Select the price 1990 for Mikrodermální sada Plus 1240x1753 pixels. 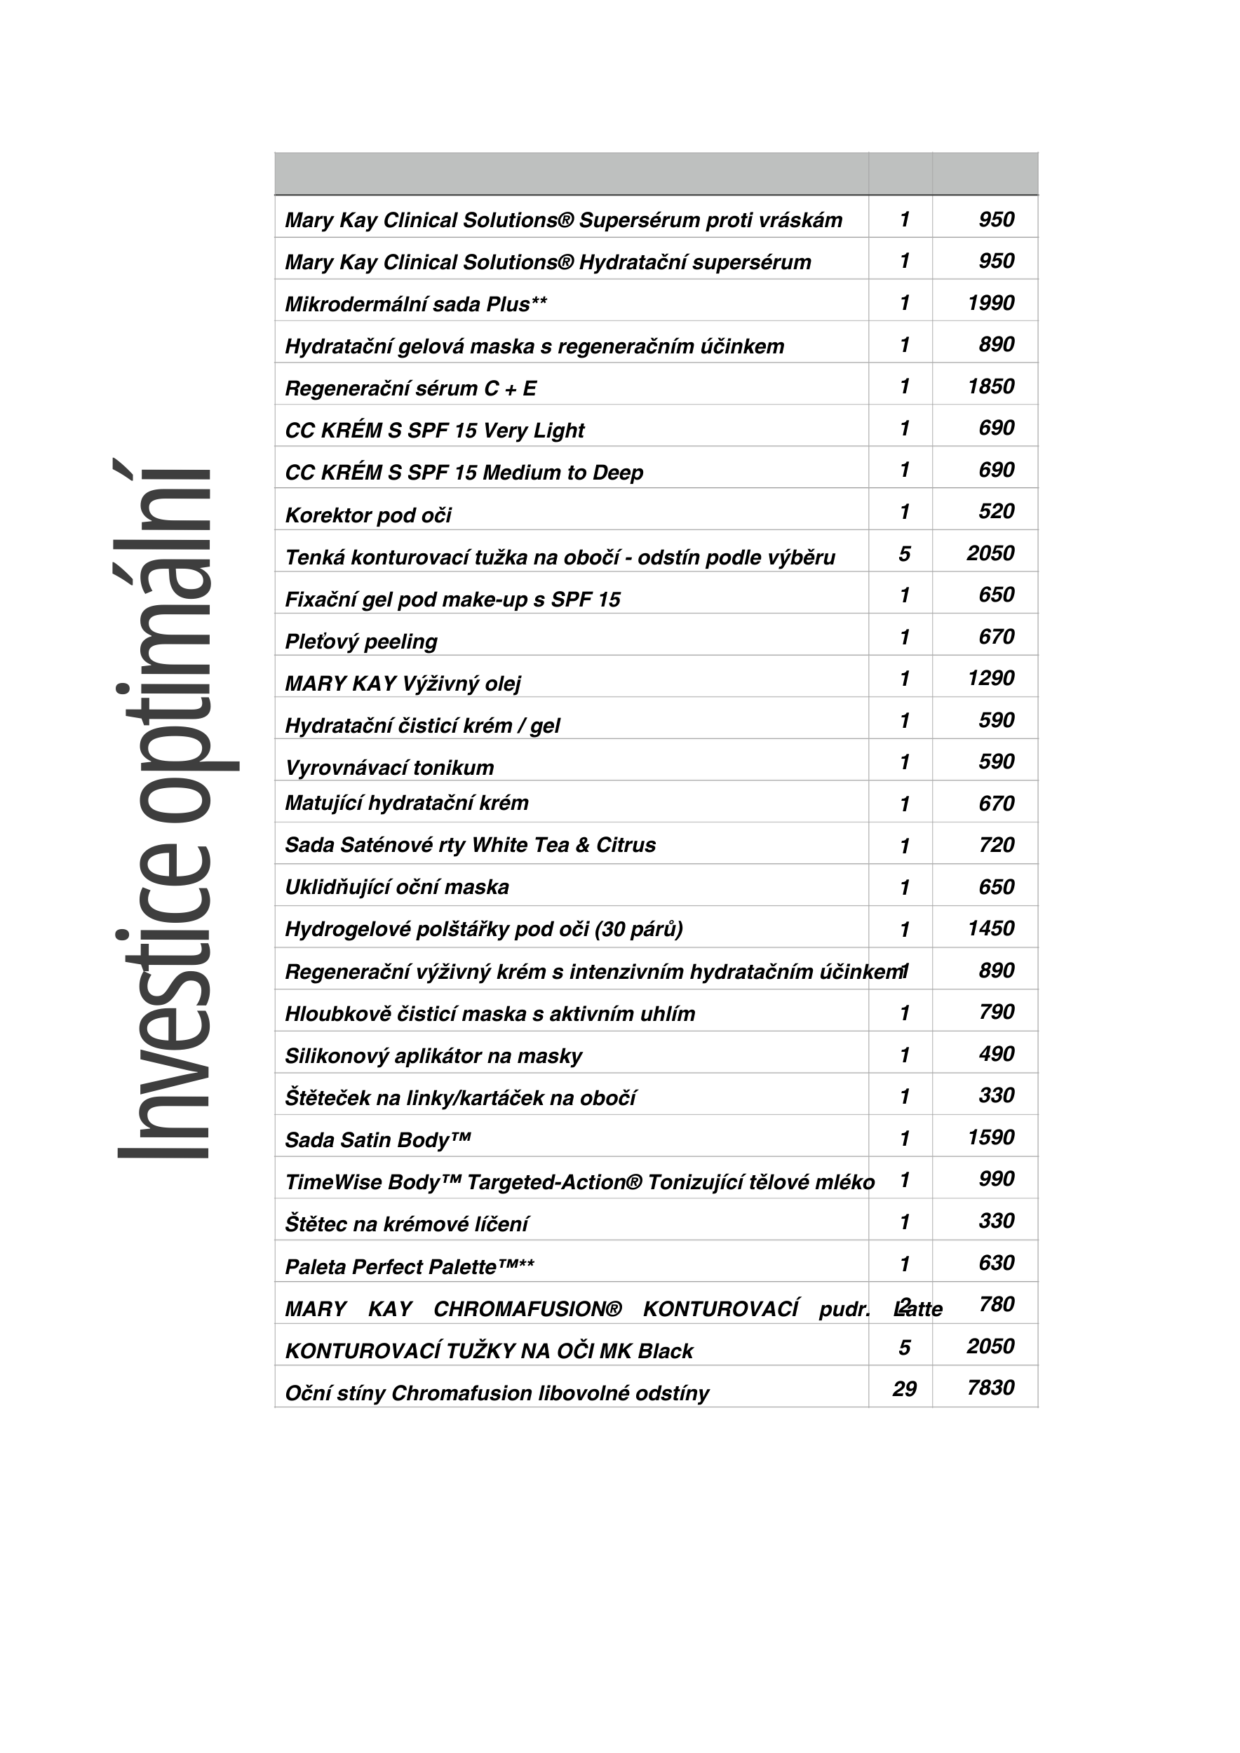tap(990, 303)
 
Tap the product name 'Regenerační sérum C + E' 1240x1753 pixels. tap(410, 388)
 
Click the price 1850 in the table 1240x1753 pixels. tap(990, 386)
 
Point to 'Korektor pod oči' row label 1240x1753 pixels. tap(368, 515)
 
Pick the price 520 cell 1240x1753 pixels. tap(996, 512)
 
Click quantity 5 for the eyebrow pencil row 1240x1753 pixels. tap(904, 553)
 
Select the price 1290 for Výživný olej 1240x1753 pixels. tap(990, 678)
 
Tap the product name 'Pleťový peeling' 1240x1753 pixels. tap(360, 642)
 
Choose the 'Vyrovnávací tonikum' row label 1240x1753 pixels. tap(389, 767)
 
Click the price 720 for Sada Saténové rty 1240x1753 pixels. tap(996, 845)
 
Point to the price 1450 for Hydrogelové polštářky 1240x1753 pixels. tap(990, 928)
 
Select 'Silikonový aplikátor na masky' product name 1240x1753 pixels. tap(433, 1056)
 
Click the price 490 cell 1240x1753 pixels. tap(996, 1055)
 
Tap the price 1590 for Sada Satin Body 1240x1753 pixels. tap(990, 1137)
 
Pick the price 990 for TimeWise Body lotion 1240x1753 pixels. tap(996, 1179)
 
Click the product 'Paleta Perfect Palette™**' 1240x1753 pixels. tap(410, 1267)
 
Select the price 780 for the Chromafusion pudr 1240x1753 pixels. tap(996, 1304)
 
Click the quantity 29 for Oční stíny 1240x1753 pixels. tap(904, 1389)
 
